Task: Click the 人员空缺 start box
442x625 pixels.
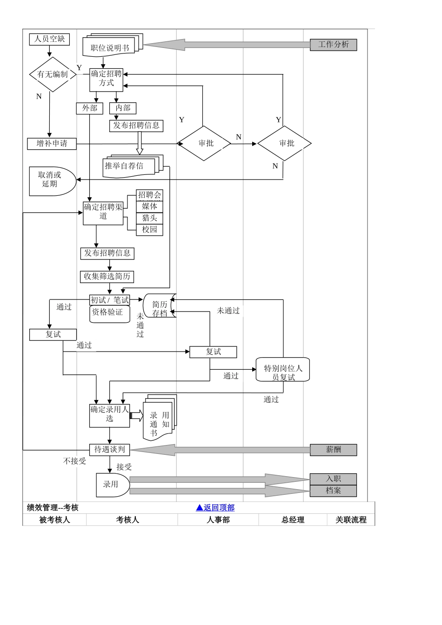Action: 49,39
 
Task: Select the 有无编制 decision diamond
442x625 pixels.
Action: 53,74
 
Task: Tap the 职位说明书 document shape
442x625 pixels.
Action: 110,47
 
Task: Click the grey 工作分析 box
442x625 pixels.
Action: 333,45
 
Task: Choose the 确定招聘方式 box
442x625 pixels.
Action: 106,79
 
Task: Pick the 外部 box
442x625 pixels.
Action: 89,108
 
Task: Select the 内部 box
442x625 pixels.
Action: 123,108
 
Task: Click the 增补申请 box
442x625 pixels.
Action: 51,144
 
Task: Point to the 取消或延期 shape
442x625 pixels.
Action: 51,180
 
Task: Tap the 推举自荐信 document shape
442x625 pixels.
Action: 128,166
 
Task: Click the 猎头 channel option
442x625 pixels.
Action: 149,218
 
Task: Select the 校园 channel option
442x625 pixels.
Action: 149,230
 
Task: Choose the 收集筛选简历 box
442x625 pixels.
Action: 107,277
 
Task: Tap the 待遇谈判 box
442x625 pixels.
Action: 109,450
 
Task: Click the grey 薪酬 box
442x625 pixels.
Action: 333,450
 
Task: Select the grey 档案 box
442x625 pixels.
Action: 333,491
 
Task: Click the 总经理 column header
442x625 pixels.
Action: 293,520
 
